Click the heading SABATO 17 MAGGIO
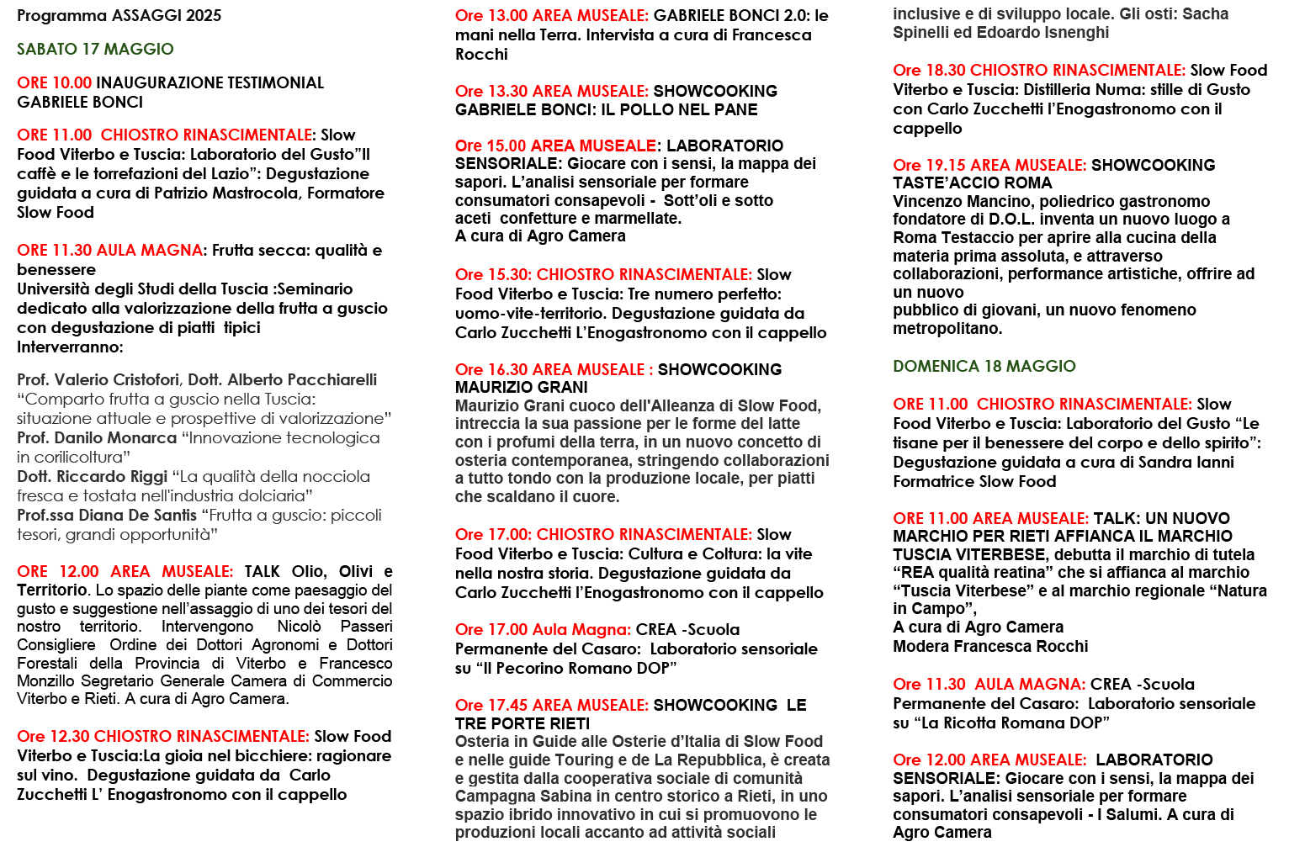(95, 49)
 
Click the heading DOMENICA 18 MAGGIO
(984, 366)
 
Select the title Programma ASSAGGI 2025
(119, 15)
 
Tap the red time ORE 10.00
(54, 82)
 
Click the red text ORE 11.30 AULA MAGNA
(109, 250)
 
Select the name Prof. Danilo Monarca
(97, 437)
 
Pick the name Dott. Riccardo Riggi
(93, 476)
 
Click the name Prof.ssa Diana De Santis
(107, 515)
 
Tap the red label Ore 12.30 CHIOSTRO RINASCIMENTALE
(163, 736)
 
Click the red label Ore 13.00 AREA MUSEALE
(551, 15)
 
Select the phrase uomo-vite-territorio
(530, 313)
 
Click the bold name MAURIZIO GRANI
(521, 387)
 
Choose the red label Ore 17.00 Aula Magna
(543, 629)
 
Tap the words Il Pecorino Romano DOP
(576, 668)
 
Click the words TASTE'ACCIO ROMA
(972, 183)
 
